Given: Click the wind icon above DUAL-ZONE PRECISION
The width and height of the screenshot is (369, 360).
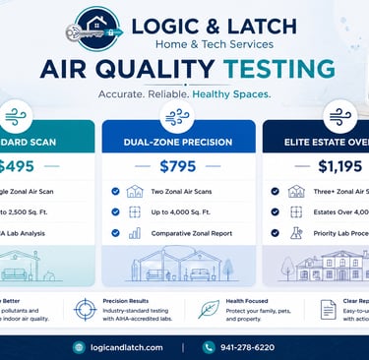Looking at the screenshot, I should pyautogui.click(x=177, y=116).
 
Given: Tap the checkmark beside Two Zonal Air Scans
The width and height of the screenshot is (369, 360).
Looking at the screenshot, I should pyautogui.click(x=116, y=191).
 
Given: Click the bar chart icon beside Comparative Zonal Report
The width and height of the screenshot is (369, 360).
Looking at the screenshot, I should pyautogui.click(x=134, y=233).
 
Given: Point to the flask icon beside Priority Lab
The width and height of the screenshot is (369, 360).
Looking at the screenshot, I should pyautogui.click(x=296, y=233).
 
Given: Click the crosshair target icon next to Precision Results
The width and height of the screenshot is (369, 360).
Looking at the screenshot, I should pyautogui.click(x=85, y=308).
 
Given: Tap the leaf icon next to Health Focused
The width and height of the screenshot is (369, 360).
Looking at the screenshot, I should pyautogui.click(x=209, y=308).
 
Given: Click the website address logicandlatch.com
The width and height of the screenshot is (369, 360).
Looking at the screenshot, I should pyautogui.click(x=123, y=346).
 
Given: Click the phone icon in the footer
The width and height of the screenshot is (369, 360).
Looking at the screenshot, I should pyautogui.click(x=209, y=346).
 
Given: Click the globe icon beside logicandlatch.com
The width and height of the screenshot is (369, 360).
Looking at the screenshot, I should pyautogui.click(x=79, y=346).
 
